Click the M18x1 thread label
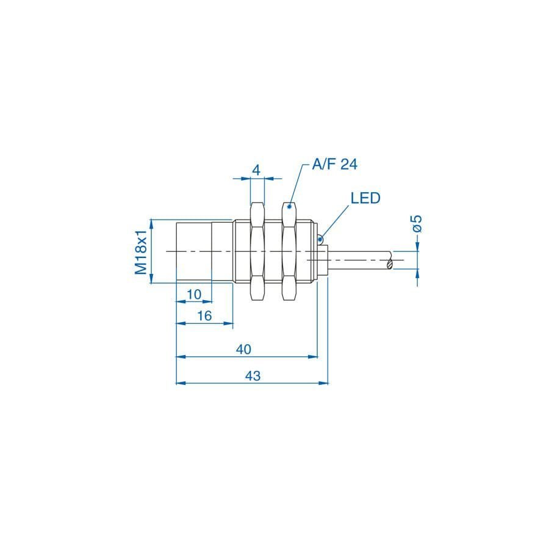tap(142, 251)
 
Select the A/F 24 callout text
tap(334, 164)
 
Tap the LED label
tap(365, 198)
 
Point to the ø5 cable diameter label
tap(417, 223)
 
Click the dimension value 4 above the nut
tap(257, 170)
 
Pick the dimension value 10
tap(194, 294)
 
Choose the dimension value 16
tap(204, 315)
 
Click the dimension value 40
tap(244, 349)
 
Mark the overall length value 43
tap(252, 376)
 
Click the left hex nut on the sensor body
tap(257, 251)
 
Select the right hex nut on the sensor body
tap(289, 251)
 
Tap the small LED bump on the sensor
tap(320, 238)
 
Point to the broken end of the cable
tap(389, 262)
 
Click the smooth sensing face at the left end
tap(194, 251)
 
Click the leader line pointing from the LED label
tap(336, 221)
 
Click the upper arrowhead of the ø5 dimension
tap(418, 246)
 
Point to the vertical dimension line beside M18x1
tap(151, 251)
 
